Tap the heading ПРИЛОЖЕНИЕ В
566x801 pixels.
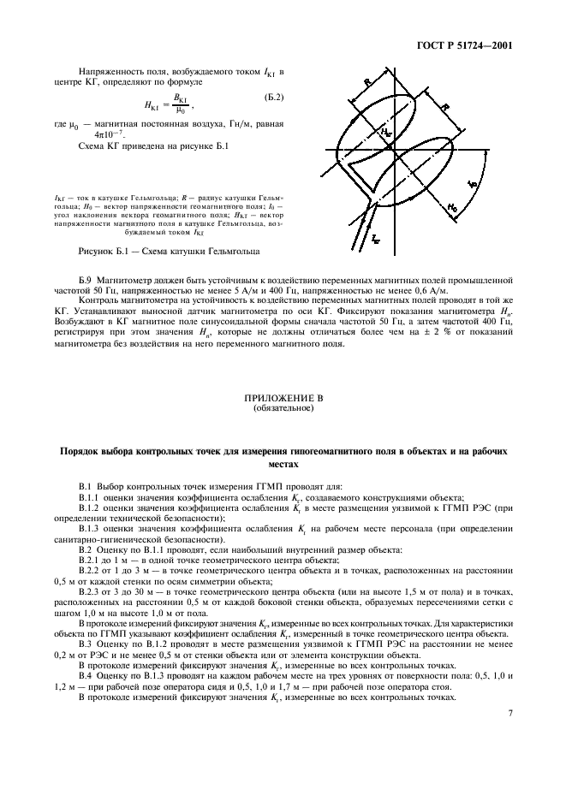click(x=283, y=399)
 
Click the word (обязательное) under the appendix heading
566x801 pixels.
click(x=283, y=408)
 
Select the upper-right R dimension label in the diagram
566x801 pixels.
click(x=447, y=109)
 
